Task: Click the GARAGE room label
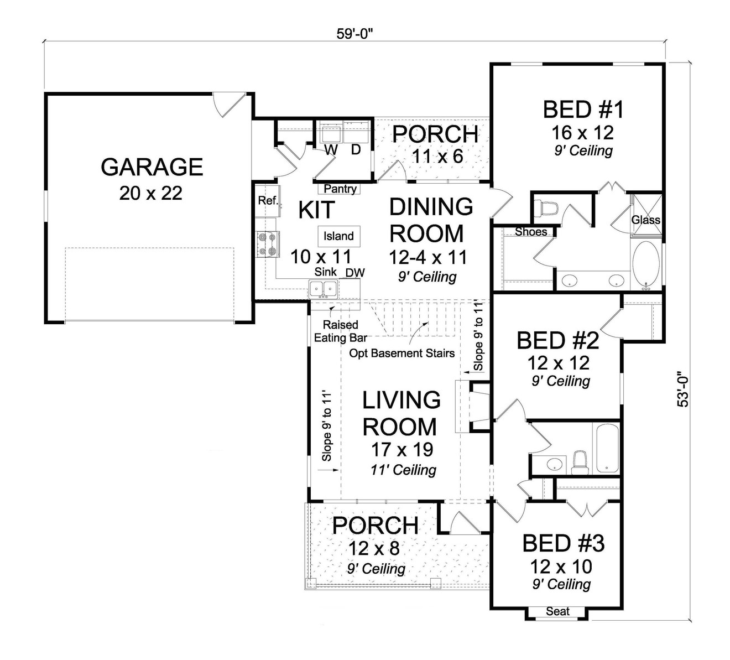coord(152,167)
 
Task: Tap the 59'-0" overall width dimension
coord(356,34)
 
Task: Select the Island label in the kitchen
coord(338,236)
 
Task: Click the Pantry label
coord(340,189)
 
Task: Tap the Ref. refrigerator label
coord(268,201)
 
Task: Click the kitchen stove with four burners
coord(268,245)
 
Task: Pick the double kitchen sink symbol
coord(323,288)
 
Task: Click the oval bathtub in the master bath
coord(645,265)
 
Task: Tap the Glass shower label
coord(645,220)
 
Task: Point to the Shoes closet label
coord(531,232)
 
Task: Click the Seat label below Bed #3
coord(557,611)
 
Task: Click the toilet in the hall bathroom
coord(580,462)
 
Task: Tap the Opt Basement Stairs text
coord(401,353)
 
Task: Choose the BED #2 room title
coord(557,341)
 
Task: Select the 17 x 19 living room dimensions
coord(401,449)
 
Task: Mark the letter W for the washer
coord(331,149)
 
